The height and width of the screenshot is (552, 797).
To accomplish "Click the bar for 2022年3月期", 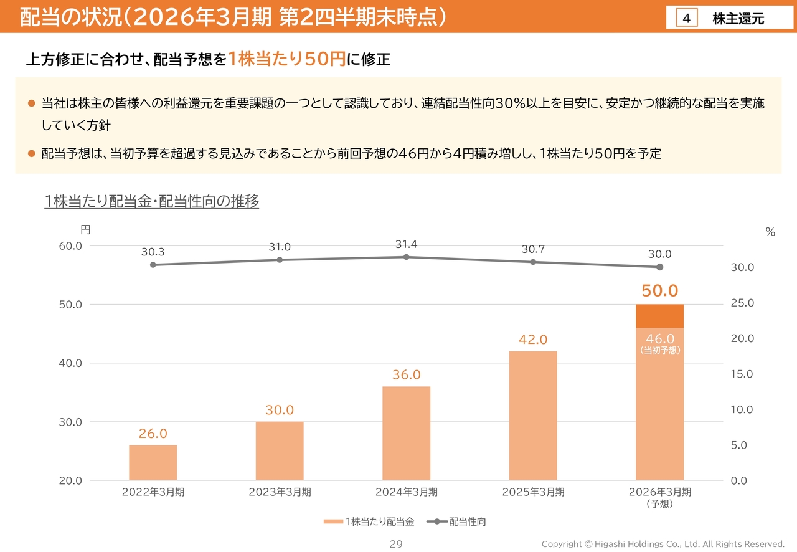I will [153, 462].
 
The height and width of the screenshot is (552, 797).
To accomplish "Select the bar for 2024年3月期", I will [406, 433].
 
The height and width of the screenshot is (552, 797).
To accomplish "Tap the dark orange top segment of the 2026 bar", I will [659, 316].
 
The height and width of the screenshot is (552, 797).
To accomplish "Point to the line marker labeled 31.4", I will [406, 257].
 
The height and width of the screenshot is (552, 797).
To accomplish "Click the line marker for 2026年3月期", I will [659, 267].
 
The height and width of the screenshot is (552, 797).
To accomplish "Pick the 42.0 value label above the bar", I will [533, 340].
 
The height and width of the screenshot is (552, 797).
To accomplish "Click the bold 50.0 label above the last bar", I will [659, 291].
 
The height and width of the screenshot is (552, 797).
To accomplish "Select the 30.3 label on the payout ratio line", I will [153, 252].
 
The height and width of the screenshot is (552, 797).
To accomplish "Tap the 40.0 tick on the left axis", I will [70, 363].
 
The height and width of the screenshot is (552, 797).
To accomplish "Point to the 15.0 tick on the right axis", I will [742, 374].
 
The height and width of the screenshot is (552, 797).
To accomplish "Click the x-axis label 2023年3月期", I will [280, 492].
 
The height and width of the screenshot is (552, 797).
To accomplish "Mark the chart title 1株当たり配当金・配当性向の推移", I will [152, 202].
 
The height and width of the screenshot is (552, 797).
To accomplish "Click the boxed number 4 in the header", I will [686, 19].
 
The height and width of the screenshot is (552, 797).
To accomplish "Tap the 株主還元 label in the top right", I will [738, 19].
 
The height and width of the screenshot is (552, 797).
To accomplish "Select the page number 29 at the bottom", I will [396, 545].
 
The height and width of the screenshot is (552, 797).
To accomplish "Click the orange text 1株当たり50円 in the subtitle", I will [286, 59].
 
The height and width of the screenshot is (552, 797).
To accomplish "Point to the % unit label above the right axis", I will [770, 232].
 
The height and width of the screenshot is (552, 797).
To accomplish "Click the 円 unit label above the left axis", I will [85, 230].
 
